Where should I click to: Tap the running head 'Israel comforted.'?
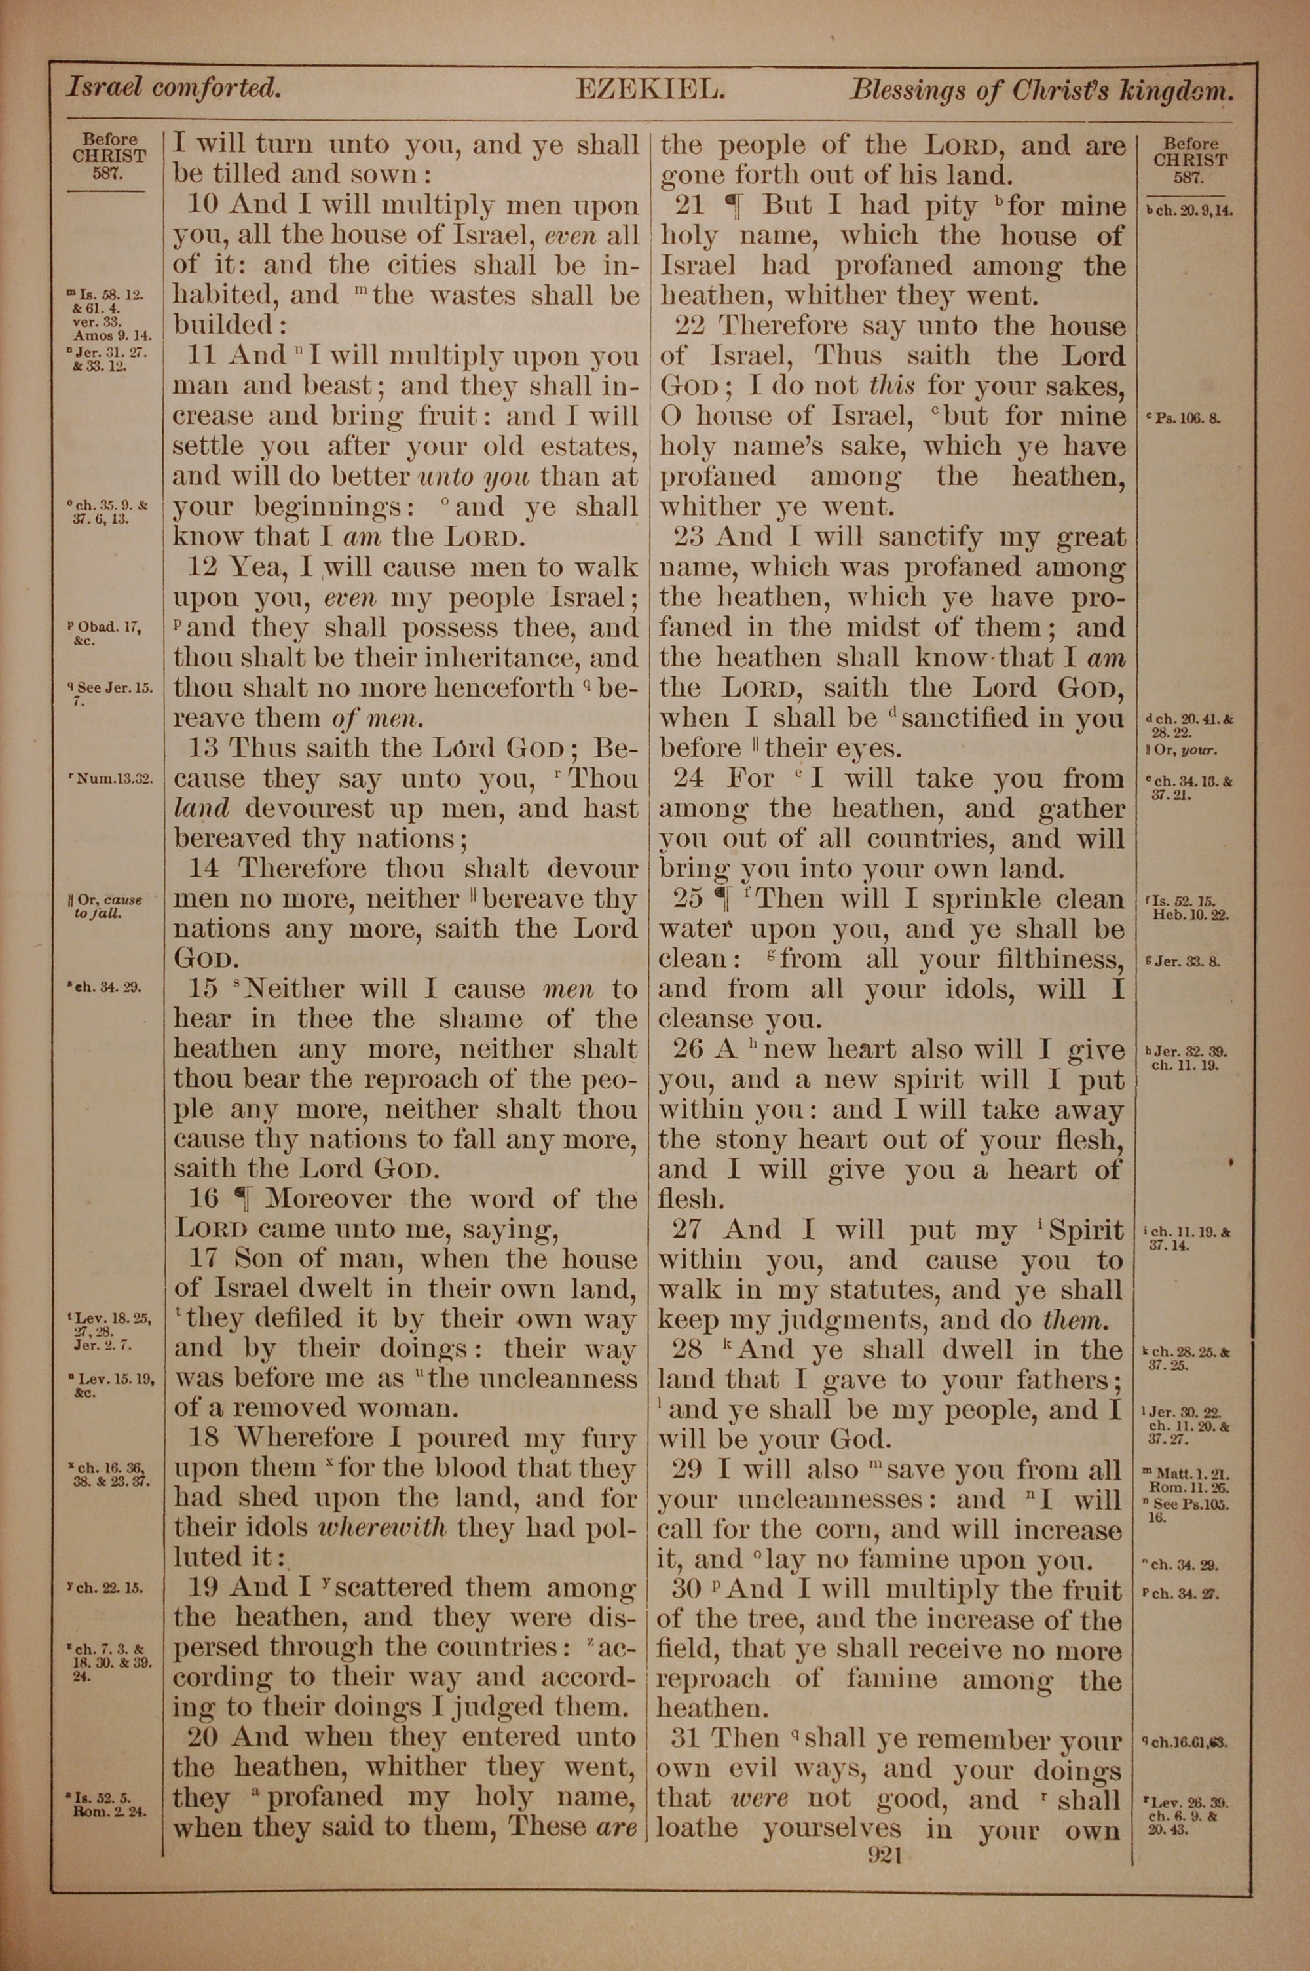pyautogui.click(x=173, y=88)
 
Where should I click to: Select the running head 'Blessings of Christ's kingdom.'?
pyautogui.click(x=1041, y=91)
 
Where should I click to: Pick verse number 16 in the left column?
pyautogui.click(x=204, y=1200)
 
